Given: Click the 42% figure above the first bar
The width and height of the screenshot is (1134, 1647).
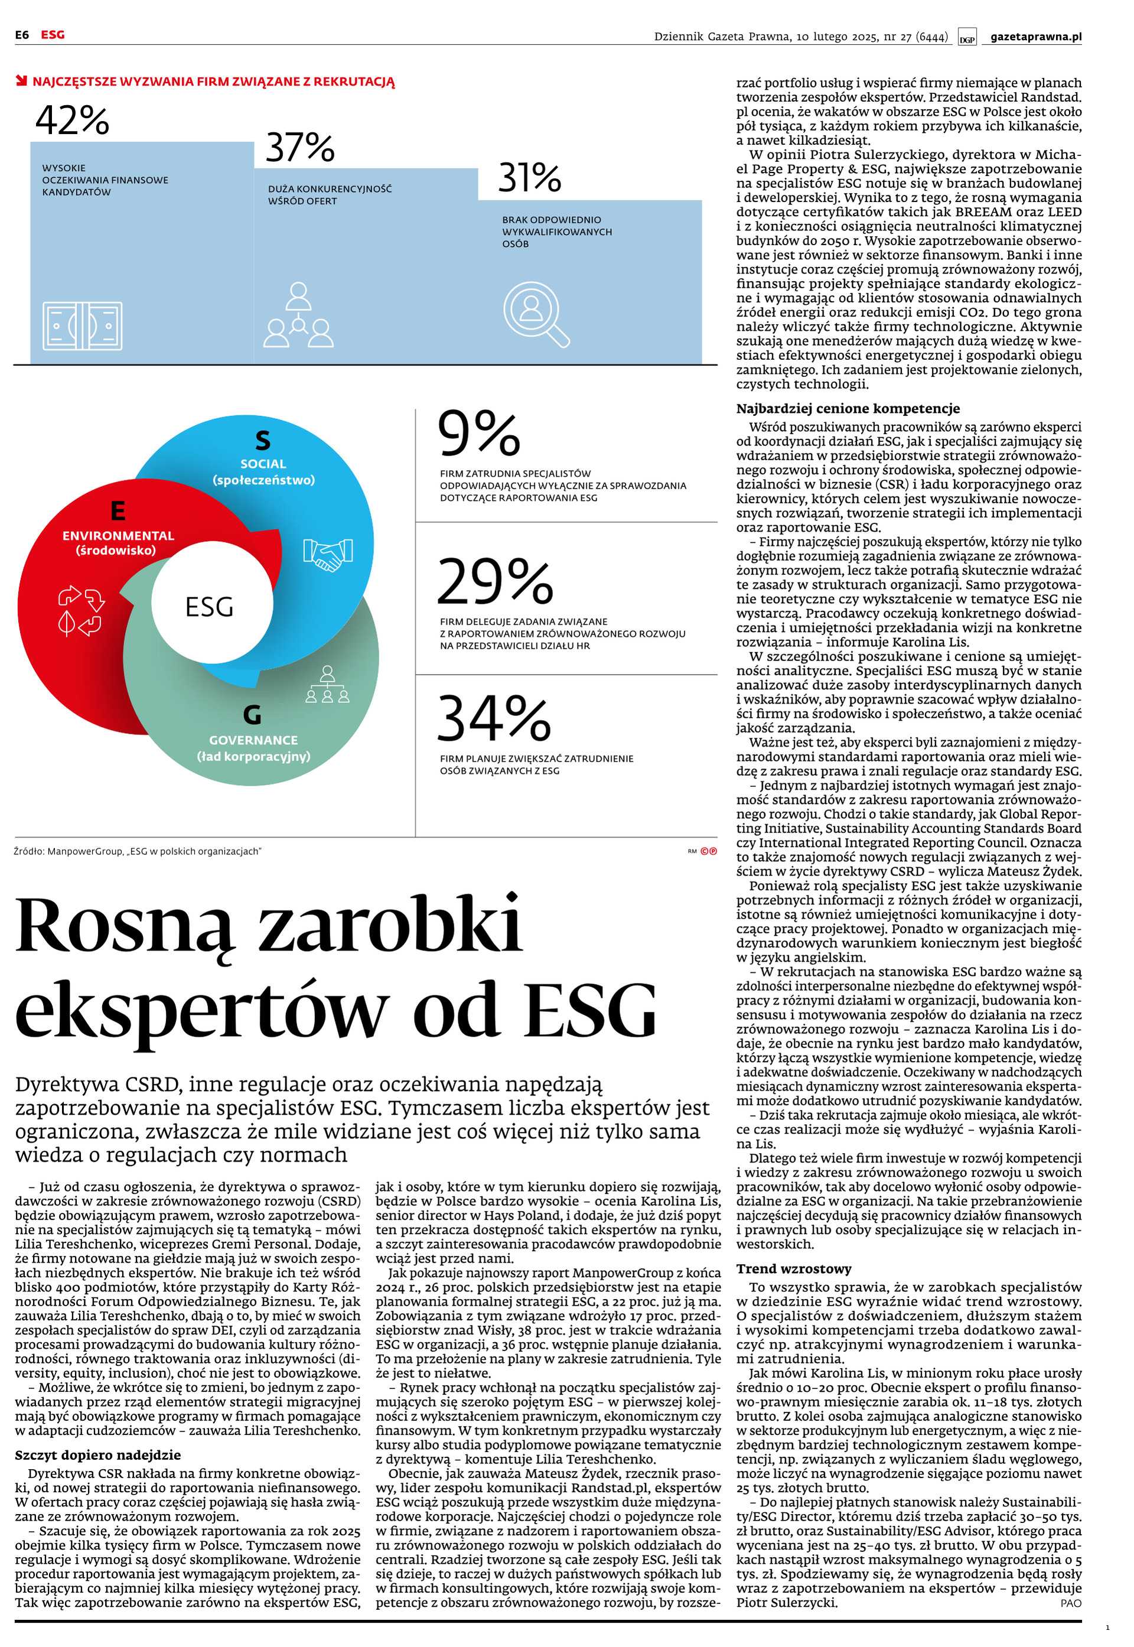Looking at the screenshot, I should [73, 120].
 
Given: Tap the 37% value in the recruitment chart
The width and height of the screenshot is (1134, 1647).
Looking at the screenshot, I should [300, 148].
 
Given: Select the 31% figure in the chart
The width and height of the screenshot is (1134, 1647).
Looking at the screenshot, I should [529, 178].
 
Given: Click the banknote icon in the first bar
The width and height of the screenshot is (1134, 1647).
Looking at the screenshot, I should [83, 326].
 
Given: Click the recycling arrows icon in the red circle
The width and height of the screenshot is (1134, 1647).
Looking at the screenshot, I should [81, 610].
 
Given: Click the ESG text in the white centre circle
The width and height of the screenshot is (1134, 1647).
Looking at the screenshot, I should [209, 607].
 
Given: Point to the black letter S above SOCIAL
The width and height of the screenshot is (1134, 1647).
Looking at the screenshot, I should [263, 441].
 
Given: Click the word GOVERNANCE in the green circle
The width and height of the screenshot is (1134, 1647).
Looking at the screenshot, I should [253, 740].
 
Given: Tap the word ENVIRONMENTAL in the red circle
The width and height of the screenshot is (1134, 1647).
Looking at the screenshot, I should [118, 535].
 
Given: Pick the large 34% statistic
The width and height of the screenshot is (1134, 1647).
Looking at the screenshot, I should [493, 718].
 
